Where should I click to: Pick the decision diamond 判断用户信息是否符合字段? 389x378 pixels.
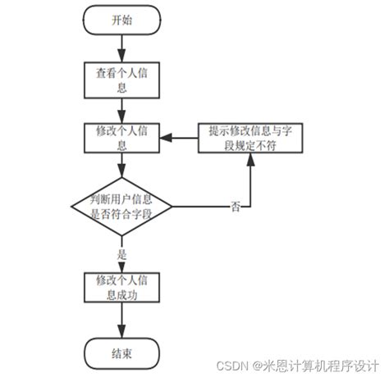(x=121, y=203)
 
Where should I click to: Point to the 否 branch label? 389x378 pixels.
(x=236, y=207)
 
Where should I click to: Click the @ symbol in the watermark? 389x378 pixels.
(x=257, y=363)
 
